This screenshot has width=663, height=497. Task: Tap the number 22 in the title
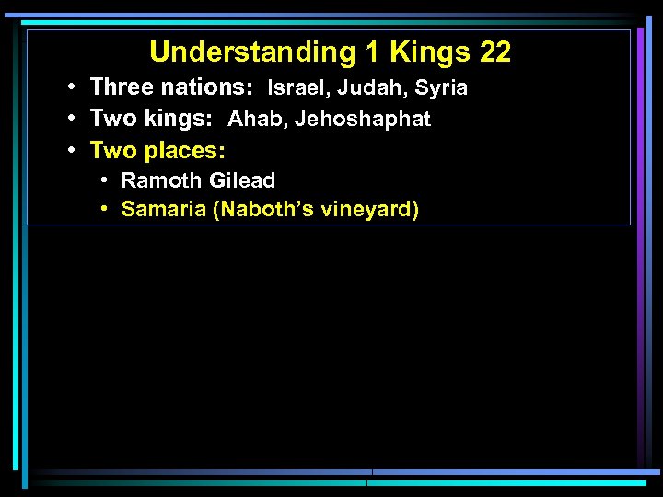495,52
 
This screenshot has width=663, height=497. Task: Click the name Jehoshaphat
363,120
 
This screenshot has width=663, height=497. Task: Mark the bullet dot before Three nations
72,87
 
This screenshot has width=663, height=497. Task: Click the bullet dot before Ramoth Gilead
107,180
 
